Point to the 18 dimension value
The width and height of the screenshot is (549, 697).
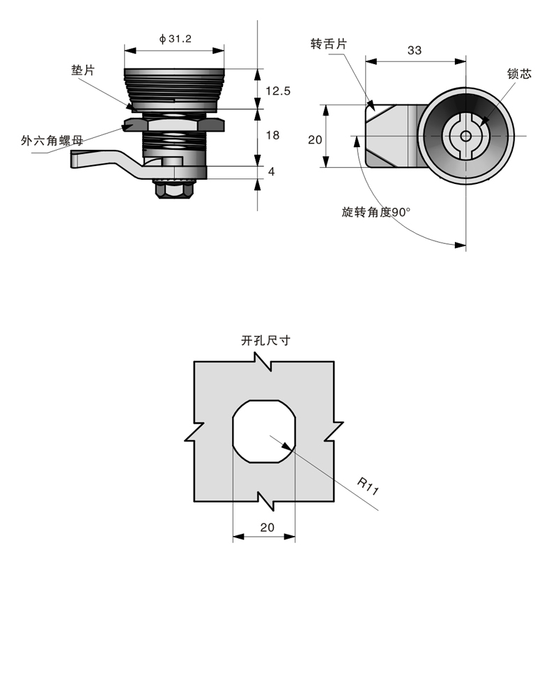(273, 135)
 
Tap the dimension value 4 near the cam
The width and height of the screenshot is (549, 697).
(271, 171)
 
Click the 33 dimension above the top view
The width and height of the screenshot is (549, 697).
(415, 50)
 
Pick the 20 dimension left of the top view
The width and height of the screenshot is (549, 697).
(315, 139)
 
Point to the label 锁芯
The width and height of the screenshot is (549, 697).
(519, 73)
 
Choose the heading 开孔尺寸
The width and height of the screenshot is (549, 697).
(265, 341)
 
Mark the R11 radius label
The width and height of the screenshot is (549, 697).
(368, 486)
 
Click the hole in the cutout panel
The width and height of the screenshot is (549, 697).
(263, 431)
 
